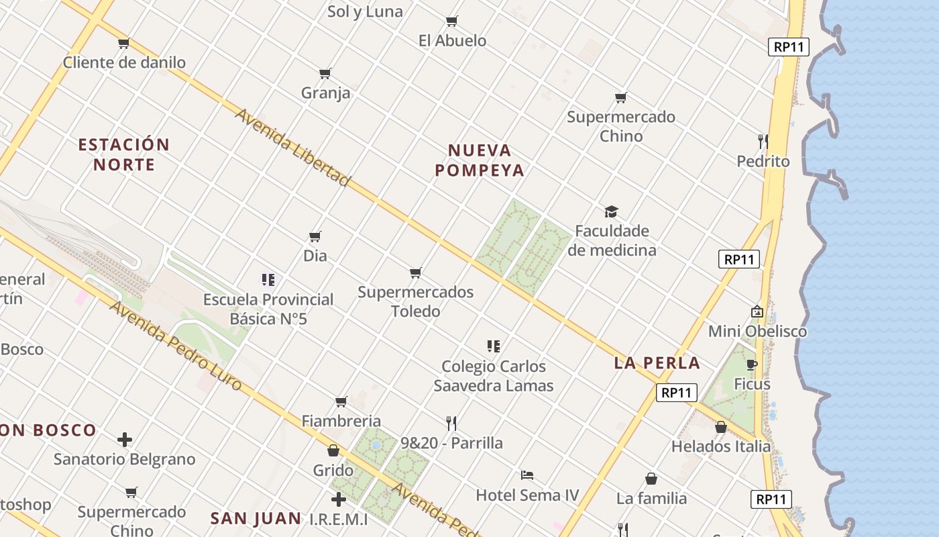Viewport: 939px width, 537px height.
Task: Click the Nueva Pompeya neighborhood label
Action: pos(479,160)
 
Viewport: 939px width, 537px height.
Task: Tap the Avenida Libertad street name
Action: pos(292,147)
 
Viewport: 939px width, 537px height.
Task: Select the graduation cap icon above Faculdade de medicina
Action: pos(611,212)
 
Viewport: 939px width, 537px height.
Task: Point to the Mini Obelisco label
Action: pos(757,331)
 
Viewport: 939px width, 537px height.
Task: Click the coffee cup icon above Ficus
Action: pos(752,365)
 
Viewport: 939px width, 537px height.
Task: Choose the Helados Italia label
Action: pos(721,446)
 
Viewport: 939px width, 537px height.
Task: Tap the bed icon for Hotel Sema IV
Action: pos(527,475)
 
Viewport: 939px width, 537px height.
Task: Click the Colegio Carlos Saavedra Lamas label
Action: pos(494,376)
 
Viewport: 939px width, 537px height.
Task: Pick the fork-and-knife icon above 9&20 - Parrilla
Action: pos(451,423)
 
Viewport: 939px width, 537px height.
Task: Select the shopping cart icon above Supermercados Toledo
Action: pos(416,273)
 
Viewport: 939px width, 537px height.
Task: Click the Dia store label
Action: pos(315,256)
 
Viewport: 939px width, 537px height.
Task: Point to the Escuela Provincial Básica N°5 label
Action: pos(268,309)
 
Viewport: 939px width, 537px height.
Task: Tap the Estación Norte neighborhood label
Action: pos(124,154)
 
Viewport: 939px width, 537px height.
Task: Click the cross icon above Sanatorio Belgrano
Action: pos(125,440)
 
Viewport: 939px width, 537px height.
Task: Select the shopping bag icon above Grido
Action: pos(333,450)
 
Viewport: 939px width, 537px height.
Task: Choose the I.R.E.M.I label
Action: pos(339,520)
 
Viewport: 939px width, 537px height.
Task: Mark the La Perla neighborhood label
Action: pos(657,363)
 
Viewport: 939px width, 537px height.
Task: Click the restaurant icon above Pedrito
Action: pos(763,141)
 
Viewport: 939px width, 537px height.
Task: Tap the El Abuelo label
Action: pos(452,40)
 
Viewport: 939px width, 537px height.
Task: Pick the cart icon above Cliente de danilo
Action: pos(123,44)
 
